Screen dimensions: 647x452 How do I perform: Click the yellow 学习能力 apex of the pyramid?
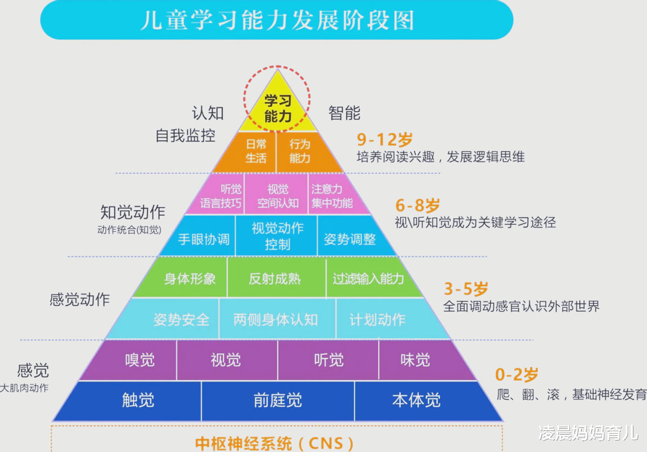(x=278, y=107)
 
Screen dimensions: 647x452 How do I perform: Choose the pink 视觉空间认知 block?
(x=277, y=194)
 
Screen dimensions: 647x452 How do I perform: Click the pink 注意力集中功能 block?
(x=335, y=194)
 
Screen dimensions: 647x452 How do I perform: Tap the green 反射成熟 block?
(x=277, y=277)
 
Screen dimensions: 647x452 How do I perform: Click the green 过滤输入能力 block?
(x=371, y=277)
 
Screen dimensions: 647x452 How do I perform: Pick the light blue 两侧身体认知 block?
(x=277, y=318)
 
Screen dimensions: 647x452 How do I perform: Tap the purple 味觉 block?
(x=423, y=360)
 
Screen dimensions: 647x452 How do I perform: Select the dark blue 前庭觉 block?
(x=278, y=401)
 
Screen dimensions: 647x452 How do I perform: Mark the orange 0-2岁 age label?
(x=517, y=374)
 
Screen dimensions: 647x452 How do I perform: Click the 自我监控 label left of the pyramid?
(x=185, y=135)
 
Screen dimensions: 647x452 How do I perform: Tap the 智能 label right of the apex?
(x=345, y=113)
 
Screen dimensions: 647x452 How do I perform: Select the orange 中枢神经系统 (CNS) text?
(x=274, y=443)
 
